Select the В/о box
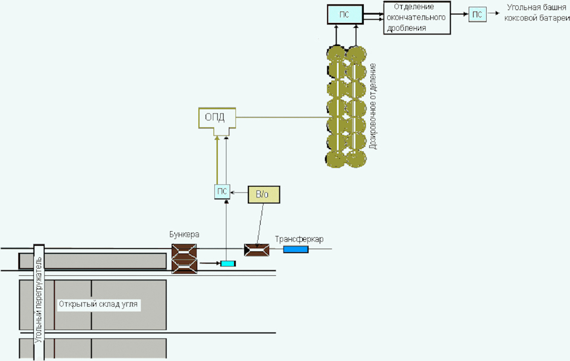[264, 195]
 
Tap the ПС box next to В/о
[222, 192]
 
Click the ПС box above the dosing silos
[345, 14]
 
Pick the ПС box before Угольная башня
[477, 14]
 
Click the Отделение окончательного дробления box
[417, 18]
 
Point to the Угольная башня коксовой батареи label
[537, 13]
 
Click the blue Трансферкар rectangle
[296, 249]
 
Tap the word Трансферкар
[299, 240]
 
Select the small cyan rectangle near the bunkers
[228, 263]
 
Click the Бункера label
[185, 235]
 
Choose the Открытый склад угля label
[98, 304]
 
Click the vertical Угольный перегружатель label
[38, 300]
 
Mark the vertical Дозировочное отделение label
[373, 106]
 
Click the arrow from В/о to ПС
[239, 192]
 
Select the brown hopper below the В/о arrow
[257, 251]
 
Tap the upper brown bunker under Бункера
[185, 252]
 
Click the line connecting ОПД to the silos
[282, 118]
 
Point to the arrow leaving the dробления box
[460, 14]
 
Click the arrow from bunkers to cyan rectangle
[210, 263]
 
